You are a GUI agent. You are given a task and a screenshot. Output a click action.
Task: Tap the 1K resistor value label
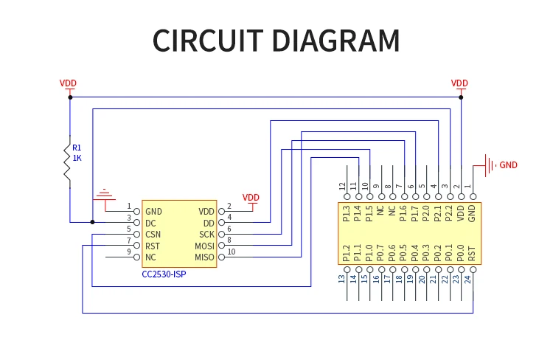tap(77, 158)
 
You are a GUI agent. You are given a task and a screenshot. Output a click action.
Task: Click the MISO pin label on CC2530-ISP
tap(204, 257)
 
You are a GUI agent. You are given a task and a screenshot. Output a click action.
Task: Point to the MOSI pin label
tap(204, 246)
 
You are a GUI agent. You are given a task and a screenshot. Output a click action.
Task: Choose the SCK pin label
tap(206, 235)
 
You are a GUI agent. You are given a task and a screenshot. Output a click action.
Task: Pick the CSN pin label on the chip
tap(153, 235)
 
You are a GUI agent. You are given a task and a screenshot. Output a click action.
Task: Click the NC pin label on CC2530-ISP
tap(150, 257)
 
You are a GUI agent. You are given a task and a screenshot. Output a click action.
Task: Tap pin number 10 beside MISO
tap(232, 252)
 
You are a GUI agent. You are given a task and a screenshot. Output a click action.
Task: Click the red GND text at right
tap(509, 165)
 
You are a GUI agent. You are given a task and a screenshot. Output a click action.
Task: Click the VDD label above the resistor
tap(68, 83)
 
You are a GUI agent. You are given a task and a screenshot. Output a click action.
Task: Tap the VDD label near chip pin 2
tap(251, 198)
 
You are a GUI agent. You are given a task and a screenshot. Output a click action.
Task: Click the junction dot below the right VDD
tap(461, 97)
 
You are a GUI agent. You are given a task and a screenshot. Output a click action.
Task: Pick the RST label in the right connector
tap(472, 254)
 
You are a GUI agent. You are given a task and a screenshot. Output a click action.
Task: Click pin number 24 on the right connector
tap(467, 279)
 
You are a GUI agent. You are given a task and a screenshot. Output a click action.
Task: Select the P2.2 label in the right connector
tap(449, 213)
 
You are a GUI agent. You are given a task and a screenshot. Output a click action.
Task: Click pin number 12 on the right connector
tap(342, 187)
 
